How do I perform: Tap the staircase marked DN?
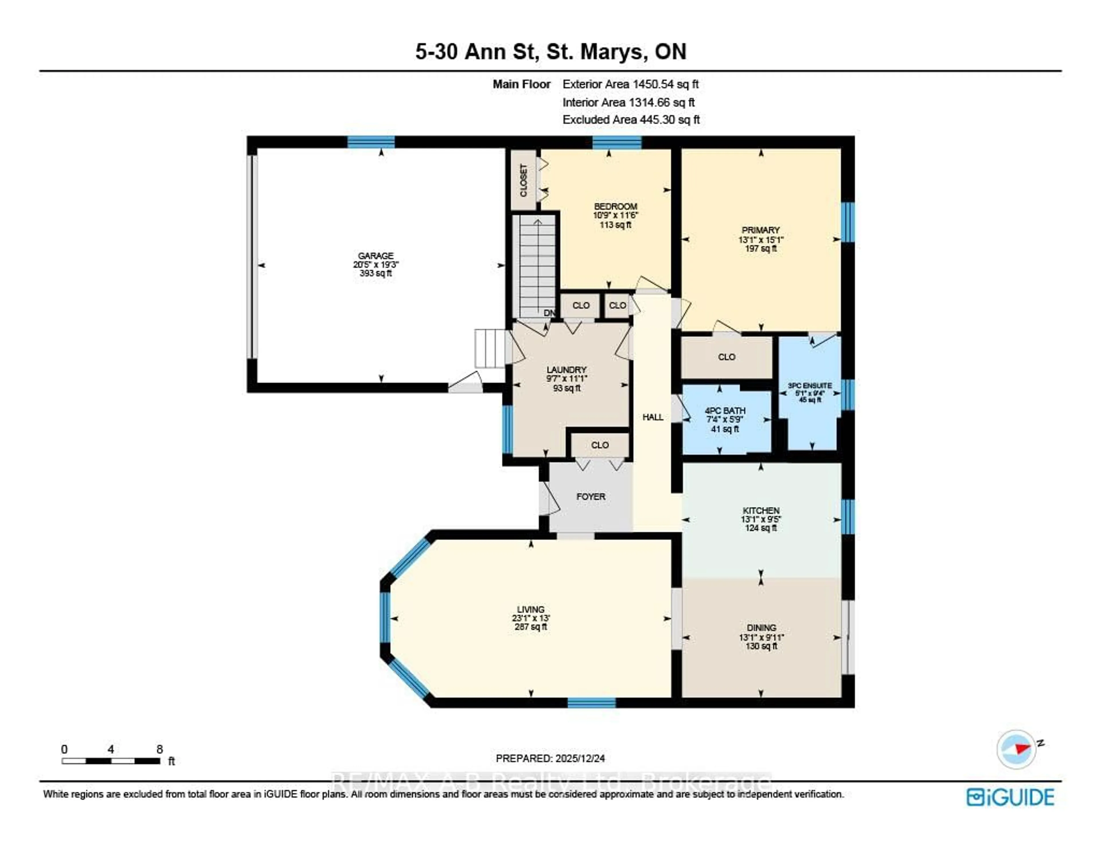coord(537,267)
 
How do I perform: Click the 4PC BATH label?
coord(725,411)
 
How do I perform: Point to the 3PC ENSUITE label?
coord(810,386)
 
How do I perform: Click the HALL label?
coord(653,417)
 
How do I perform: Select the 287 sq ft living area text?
coord(530,627)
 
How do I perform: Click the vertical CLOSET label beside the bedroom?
coord(523,180)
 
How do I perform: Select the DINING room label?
coord(761,628)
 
